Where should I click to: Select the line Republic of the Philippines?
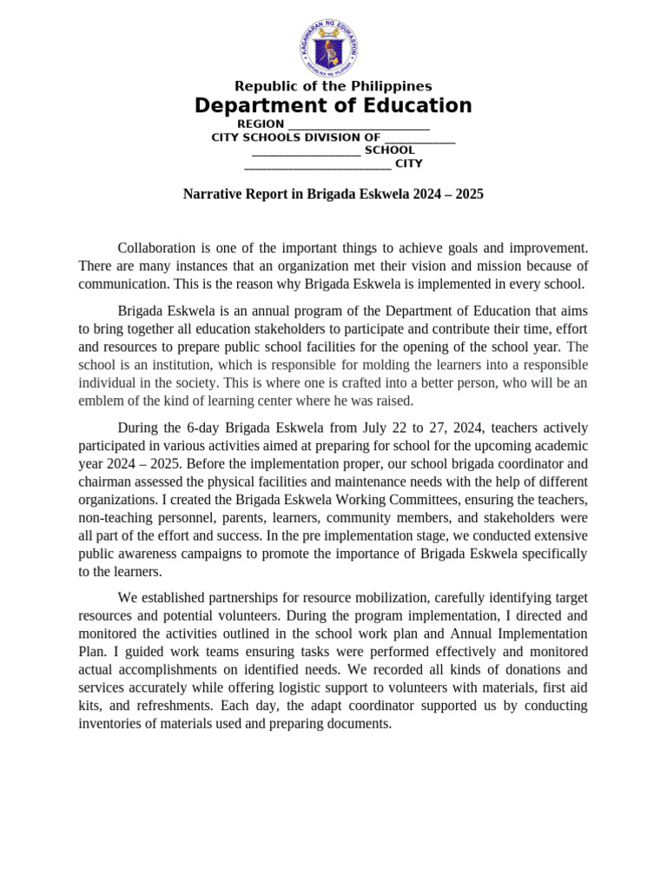click(x=333, y=86)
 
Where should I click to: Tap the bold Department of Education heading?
click(x=333, y=106)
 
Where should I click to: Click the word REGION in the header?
click(x=261, y=124)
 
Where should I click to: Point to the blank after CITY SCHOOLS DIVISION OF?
click(x=419, y=137)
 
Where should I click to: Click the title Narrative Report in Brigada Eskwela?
click(x=333, y=195)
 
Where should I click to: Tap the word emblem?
click(x=102, y=401)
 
